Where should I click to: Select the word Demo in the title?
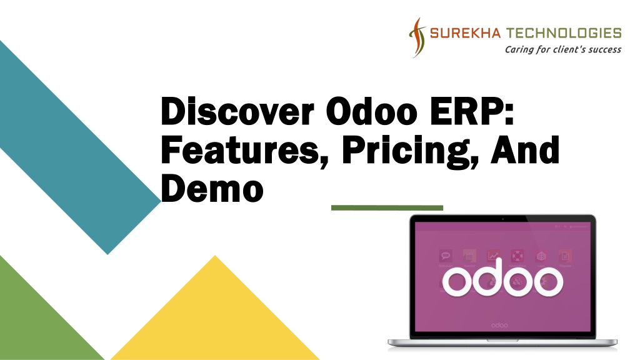coord(212,188)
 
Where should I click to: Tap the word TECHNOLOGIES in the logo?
coord(564,33)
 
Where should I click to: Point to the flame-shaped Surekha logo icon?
coord(416,36)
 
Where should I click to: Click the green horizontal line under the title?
coord(387,207)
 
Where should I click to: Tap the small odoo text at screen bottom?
coord(499,325)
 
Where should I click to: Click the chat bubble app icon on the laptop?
coord(446,256)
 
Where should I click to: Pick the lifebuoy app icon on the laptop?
coord(517,256)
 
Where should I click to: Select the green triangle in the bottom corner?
coord(37,319)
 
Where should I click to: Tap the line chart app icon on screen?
coord(494,256)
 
